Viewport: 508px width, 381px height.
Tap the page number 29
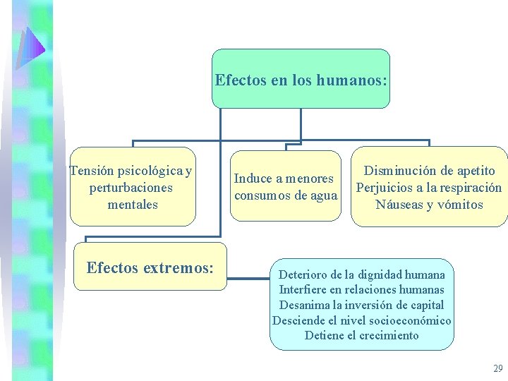(x=498, y=368)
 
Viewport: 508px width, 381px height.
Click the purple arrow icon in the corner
(x=31, y=47)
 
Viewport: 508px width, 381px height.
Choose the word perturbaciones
(x=131, y=188)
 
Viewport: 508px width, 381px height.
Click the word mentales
(x=133, y=205)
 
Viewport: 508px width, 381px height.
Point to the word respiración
(x=465, y=188)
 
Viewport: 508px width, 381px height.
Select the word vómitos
(x=459, y=205)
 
